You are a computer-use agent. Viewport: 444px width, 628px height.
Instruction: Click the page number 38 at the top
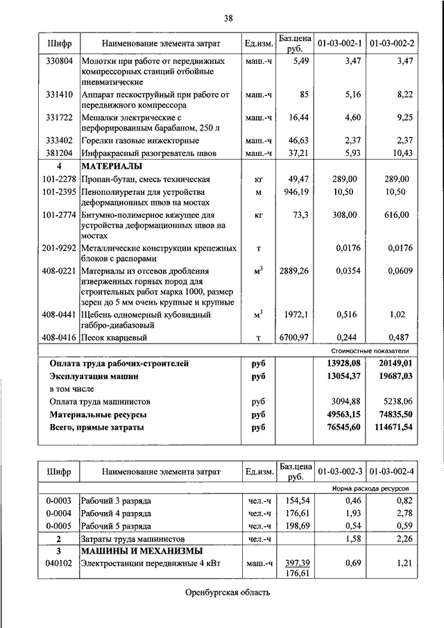click(x=228, y=17)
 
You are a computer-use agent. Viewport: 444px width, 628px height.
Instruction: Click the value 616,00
click(x=397, y=215)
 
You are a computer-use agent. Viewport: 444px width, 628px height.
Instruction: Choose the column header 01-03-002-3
click(x=341, y=473)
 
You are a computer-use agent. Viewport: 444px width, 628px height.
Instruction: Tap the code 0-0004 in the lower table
click(x=57, y=514)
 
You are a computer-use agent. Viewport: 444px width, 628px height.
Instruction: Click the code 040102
click(x=57, y=564)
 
